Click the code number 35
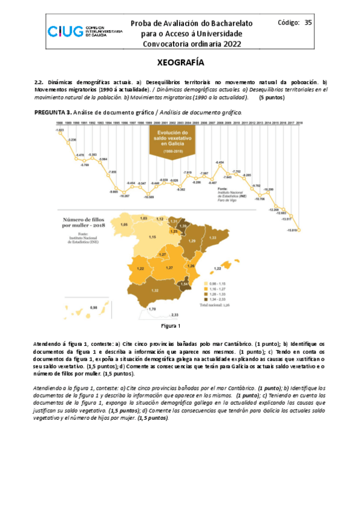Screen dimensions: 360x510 (x=308, y=23)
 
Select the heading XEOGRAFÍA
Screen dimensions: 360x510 (x=180, y=63)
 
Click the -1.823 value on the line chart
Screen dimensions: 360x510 (x=59, y=130)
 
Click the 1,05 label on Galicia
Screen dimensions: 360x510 (x=124, y=224)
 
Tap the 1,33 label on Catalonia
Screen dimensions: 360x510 (x=212, y=238)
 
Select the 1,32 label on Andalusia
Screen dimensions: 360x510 (x=154, y=290)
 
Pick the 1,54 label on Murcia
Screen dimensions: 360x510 (x=185, y=284)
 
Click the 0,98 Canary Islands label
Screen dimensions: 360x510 (x=93, y=307)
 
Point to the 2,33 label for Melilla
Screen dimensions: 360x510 (x=175, y=315)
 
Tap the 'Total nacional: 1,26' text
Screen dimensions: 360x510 (x=215, y=305)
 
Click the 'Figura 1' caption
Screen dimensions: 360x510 (x=171, y=326)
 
